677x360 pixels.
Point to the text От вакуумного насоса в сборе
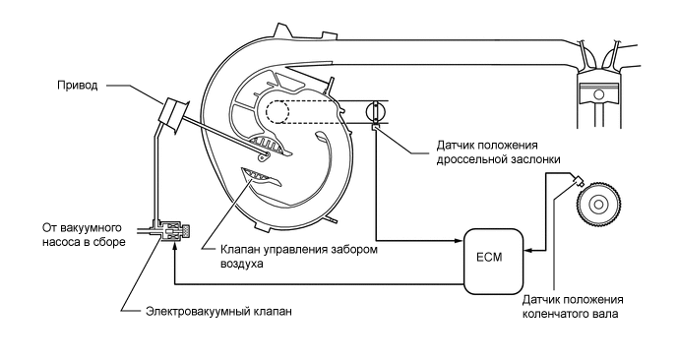click(84, 234)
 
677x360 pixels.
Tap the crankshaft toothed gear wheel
click(600, 208)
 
